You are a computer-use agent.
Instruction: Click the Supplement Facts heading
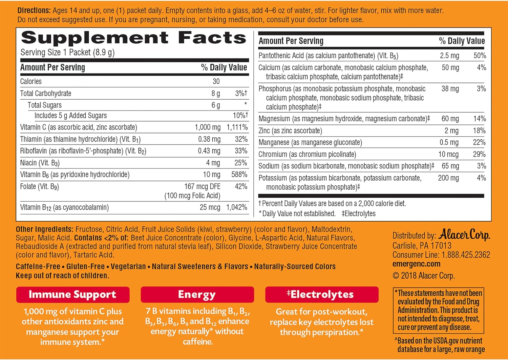pos(133,38)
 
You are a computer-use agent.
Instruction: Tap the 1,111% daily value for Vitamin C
pos(237,127)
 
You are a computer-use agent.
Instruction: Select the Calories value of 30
pos(216,81)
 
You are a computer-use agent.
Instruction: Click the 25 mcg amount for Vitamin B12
pos(210,207)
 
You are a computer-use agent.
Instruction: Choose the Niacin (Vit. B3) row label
pos(40,163)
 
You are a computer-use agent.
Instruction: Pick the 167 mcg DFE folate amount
pos(202,186)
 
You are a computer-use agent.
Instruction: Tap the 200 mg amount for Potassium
pos(448,178)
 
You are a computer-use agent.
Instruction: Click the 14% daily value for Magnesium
pos(480,119)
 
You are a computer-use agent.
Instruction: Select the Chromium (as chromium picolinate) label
pos(307,154)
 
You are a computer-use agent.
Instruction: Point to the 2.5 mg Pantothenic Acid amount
pos(449,56)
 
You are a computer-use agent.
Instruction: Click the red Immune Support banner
pos(72,295)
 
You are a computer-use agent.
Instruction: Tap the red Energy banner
pos(197,295)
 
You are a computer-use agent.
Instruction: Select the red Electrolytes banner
pos(321,295)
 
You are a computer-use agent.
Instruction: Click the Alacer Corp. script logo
pos(464,235)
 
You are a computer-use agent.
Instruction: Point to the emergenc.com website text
pos(416,264)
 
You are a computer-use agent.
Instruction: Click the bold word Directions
pos(34,11)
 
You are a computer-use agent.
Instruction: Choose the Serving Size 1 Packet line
pos(67,53)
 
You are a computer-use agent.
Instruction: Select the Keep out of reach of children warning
pos(62,276)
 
